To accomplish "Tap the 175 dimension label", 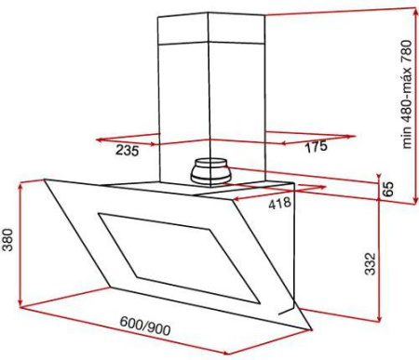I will tap(317, 146).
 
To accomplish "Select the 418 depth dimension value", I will tap(279, 203).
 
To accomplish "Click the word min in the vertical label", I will tap(406, 138).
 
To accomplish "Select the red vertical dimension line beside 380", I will tap(20, 243).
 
